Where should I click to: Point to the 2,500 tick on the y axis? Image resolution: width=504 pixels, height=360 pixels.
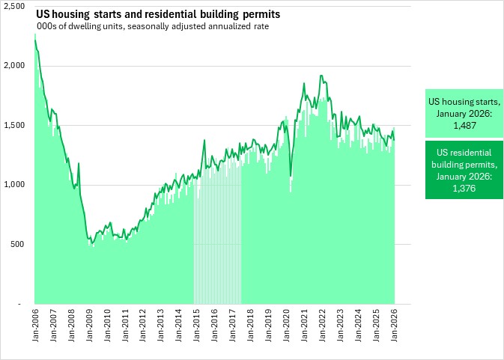14,6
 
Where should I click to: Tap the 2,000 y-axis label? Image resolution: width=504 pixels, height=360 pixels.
14,66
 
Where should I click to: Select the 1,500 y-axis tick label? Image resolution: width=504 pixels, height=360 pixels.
14,125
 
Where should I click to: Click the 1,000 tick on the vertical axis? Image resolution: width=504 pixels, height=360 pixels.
14,185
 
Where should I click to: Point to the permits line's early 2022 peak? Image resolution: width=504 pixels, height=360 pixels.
321,76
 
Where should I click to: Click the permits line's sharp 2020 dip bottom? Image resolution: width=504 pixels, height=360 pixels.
291,177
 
